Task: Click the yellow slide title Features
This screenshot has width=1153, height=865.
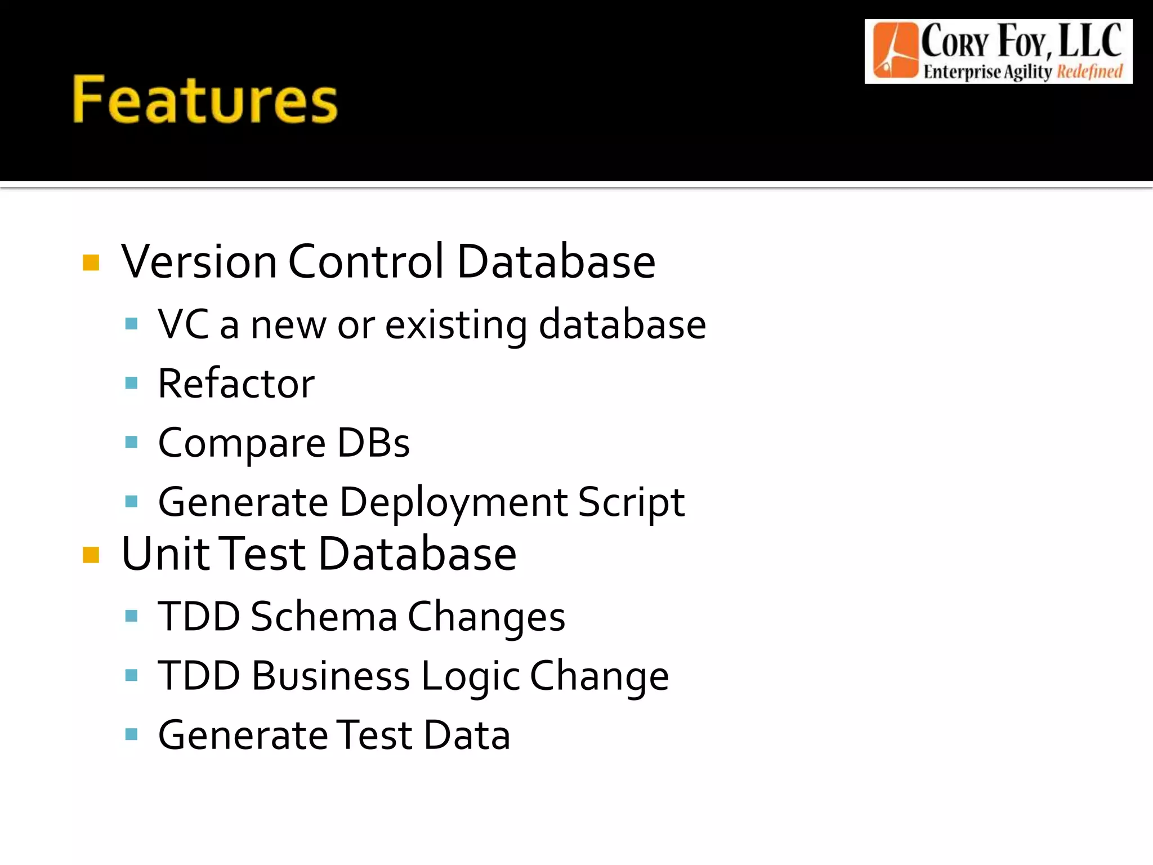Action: coord(205,100)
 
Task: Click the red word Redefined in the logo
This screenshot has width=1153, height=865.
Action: coord(1089,72)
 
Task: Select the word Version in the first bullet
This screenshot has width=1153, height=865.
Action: coord(199,261)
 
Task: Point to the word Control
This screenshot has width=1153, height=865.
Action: coord(366,261)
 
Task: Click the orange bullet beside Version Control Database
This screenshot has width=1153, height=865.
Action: coord(91,262)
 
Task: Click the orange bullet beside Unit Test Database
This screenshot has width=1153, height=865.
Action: coord(91,555)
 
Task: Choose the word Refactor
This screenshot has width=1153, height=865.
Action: coord(236,384)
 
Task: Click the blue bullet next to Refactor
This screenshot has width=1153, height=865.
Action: coord(132,384)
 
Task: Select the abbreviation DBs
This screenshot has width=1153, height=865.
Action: coord(373,443)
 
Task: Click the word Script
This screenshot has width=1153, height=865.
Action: coord(631,502)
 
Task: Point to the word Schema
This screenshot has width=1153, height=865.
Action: coord(324,617)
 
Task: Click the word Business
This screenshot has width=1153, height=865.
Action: coord(330,676)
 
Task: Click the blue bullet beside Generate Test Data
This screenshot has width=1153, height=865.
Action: coord(132,734)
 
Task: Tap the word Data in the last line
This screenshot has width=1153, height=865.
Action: coord(467,735)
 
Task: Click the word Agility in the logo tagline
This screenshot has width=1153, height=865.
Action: coord(1028,72)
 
